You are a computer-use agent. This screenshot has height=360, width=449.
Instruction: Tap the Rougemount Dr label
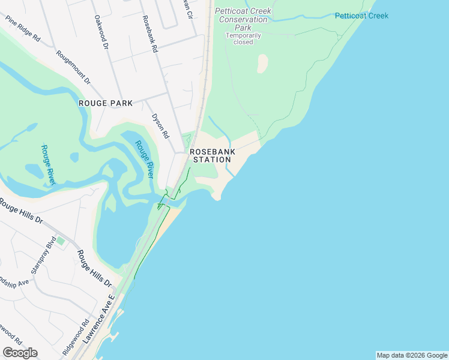pos(73,67)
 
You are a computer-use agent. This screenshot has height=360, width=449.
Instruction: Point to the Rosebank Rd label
pos(149,33)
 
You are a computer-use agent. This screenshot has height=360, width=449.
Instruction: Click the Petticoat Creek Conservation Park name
pos(243,19)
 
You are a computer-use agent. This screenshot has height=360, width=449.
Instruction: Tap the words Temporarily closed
pos(243,39)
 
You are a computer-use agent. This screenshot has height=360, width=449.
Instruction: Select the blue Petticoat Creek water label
pos(361,16)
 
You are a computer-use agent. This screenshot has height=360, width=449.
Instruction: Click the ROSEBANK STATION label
pos(211,156)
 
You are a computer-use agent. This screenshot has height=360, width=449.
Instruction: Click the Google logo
pos(20,352)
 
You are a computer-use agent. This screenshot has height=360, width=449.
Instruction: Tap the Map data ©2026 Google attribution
pos(411,355)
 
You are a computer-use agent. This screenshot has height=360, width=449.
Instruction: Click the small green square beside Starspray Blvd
pos(60,241)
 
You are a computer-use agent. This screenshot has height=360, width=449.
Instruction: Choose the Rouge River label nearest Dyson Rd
pos(144,159)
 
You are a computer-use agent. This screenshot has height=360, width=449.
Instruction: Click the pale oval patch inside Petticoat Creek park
pos(262,64)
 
